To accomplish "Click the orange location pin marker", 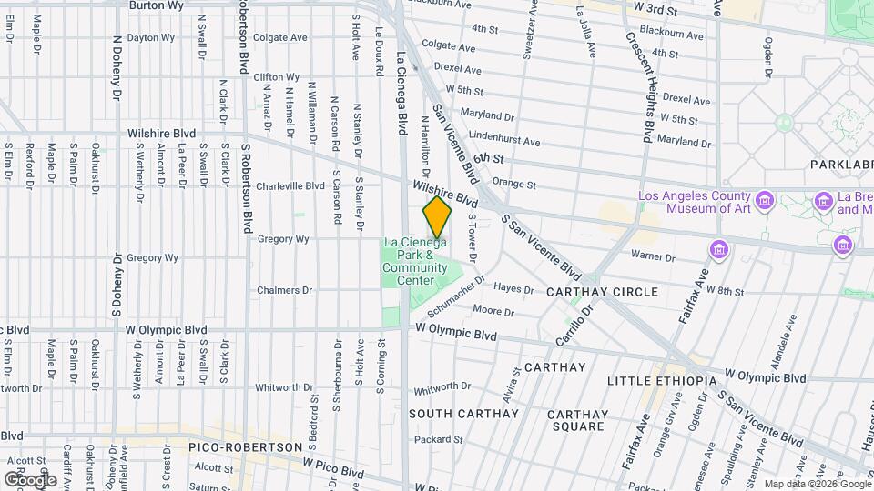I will pyautogui.click(x=437, y=218).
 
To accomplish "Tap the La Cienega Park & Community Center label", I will pyautogui.click(x=415, y=261).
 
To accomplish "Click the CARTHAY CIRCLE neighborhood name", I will pyautogui.click(x=601, y=292).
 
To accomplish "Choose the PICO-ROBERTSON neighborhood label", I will pyautogui.click(x=245, y=447).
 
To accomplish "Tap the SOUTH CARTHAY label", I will pyautogui.click(x=463, y=414).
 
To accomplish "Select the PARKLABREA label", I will pyautogui.click(x=840, y=165).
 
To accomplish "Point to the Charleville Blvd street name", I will pyautogui.click(x=290, y=186).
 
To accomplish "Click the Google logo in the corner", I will pyautogui.click(x=30, y=478).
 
